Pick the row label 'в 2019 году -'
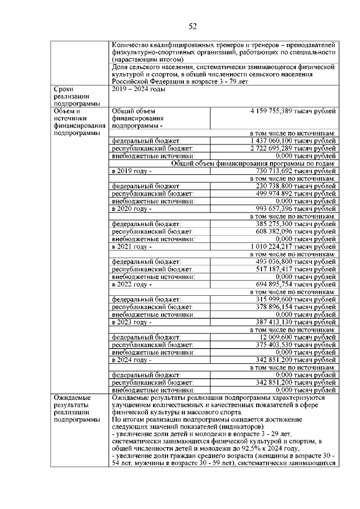pos(132,170)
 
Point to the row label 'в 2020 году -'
pos(132,208)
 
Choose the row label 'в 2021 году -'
pos(132,246)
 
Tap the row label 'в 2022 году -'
pos(132,285)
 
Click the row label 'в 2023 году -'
pos(132,322)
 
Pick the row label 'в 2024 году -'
pos(132,360)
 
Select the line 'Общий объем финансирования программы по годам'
pos(254,163)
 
